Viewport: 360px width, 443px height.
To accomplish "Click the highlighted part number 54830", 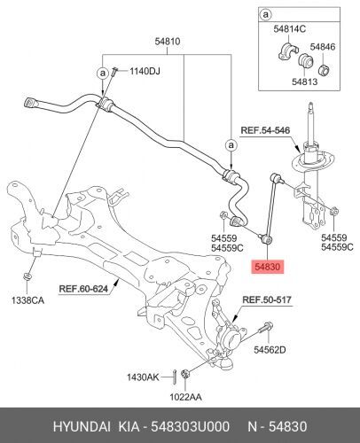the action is click(268, 267).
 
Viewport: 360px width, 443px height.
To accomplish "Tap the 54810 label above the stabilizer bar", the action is click(168, 42).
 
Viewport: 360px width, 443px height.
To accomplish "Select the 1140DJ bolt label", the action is click(145, 71).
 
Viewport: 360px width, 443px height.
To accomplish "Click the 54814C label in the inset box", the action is click(289, 29).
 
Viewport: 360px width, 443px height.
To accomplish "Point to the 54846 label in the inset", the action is click(322, 47).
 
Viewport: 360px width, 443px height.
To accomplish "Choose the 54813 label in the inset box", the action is click(304, 82).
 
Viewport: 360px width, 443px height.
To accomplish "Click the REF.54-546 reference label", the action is click(265, 130).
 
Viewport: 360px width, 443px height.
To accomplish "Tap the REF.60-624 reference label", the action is click(83, 289).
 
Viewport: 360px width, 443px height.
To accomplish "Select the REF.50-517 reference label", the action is click(267, 299).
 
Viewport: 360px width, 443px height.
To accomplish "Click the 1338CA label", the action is click(27, 300).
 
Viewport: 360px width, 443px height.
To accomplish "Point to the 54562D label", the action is click(270, 350).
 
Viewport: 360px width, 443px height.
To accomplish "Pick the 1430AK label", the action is click(143, 377).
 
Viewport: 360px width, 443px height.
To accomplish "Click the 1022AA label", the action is click(185, 397).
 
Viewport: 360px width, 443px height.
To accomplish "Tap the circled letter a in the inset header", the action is click(266, 14).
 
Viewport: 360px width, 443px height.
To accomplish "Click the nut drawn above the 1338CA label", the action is click(27, 277).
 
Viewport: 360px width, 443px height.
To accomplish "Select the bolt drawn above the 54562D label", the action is click(266, 328).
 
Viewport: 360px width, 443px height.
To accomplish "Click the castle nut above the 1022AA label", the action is click(185, 374).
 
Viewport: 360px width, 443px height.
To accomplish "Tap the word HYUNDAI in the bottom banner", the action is click(82, 427).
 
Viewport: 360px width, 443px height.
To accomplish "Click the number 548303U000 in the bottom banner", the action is click(190, 427).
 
